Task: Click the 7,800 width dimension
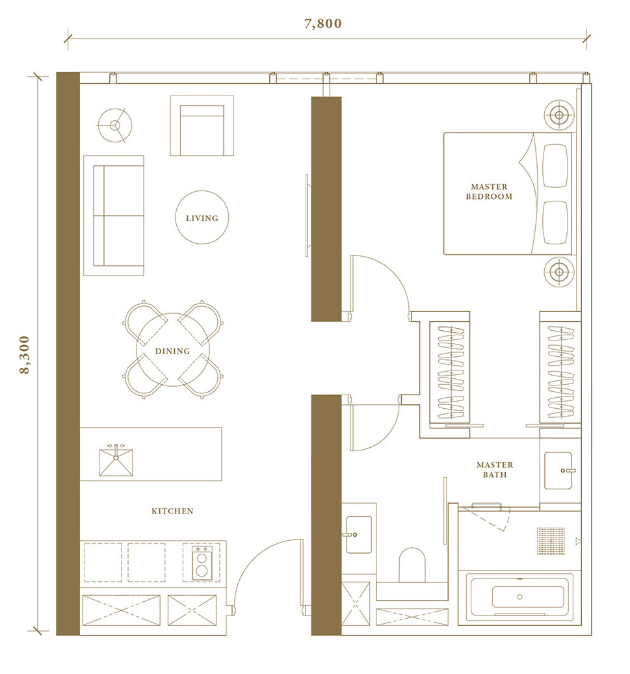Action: pyautogui.click(x=323, y=23)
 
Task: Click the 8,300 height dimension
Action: pyautogui.click(x=25, y=355)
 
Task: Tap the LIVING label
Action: pyautogui.click(x=202, y=218)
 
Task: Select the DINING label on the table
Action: pyautogui.click(x=172, y=351)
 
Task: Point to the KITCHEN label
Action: pyautogui.click(x=172, y=511)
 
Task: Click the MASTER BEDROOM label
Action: pyautogui.click(x=490, y=192)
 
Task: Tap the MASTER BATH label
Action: pyautogui.click(x=495, y=470)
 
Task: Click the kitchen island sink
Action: pyautogui.click(x=116, y=461)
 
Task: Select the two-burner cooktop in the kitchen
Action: pyautogui.click(x=202, y=563)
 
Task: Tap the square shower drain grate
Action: pyautogui.click(x=551, y=541)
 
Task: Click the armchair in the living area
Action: pyautogui.click(x=202, y=125)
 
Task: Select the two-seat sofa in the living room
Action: pyautogui.click(x=114, y=215)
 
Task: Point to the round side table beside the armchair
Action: pyautogui.click(x=114, y=125)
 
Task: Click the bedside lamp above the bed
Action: pyautogui.click(x=559, y=115)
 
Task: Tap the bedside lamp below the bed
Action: pyautogui.click(x=559, y=272)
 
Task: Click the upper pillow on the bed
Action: pyautogui.click(x=555, y=166)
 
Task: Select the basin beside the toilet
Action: pyautogui.click(x=359, y=535)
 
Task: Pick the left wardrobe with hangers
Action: pyautogui.click(x=451, y=372)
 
